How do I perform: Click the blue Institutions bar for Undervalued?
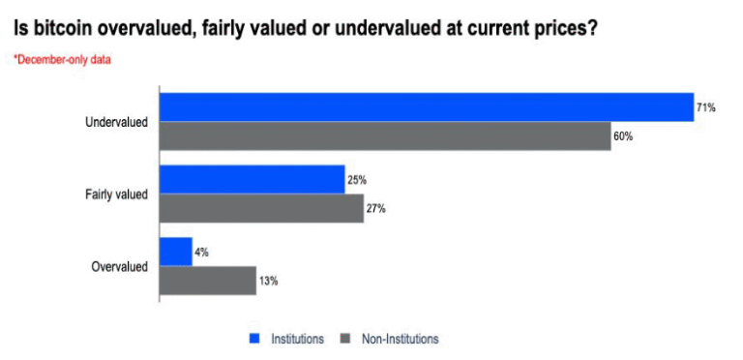pos(426,106)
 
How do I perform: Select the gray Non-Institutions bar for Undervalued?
pos(384,135)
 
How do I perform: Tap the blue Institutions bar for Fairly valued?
pos(252,179)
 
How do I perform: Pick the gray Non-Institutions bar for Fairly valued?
pos(261,208)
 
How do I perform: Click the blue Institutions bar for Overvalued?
pos(176,252)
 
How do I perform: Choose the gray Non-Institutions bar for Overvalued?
pos(207,281)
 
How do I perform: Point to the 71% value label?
pos(706,107)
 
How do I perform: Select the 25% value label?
pos(357,180)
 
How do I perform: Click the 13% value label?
pos(268,282)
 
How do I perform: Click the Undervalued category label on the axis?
pos(116,122)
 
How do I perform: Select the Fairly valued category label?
pos(116,195)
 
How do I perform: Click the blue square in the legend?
pos(255,339)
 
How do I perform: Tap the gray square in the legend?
pos(344,339)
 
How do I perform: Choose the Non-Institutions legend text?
pos(400,339)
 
